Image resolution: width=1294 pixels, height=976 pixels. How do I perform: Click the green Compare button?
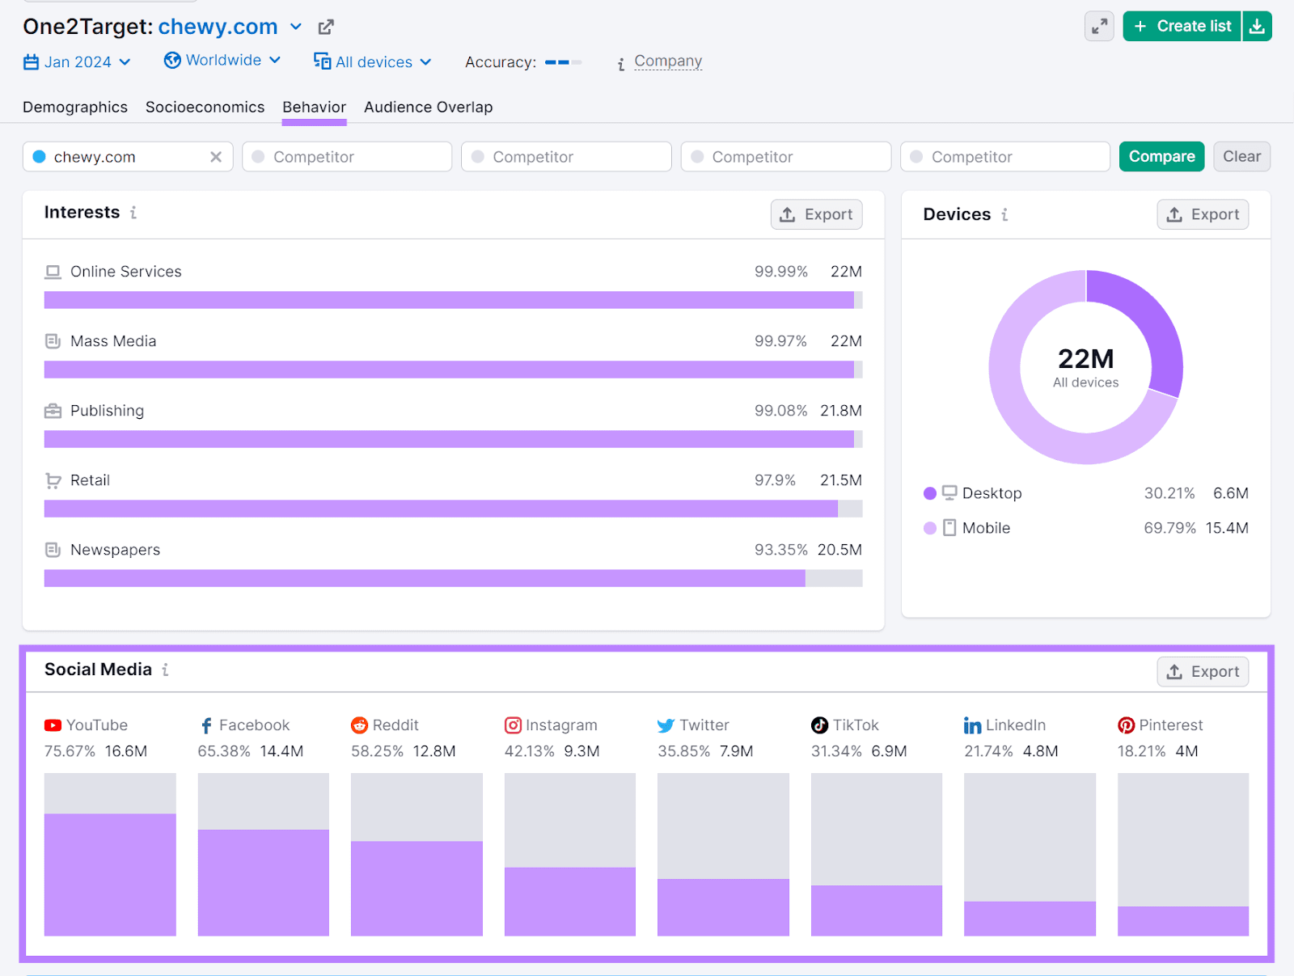click(x=1161, y=157)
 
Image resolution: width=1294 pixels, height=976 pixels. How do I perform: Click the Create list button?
click(x=1182, y=27)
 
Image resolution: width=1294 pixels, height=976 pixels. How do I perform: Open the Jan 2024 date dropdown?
click(x=78, y=62)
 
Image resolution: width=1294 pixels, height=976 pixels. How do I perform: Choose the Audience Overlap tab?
click(x=428, y=108)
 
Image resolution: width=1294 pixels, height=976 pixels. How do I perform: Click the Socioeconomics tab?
click(x=205, y=108)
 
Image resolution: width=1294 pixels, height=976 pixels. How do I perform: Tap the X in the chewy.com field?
click(x=216, y=157)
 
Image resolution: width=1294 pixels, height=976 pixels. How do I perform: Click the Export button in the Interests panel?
click(x=816, y=215)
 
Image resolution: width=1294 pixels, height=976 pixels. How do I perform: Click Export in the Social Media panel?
click(x=1203, y=672)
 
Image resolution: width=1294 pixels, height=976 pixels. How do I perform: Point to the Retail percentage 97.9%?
click(x=775, y=480)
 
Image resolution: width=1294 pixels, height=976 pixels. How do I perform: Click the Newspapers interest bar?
click(x=425, y=578)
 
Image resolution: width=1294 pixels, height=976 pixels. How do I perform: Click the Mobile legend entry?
click(x=985, y=528)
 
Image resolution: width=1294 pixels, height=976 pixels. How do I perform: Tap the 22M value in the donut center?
click(x=1085, y=359)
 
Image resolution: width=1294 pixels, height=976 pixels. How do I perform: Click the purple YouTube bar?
click(x=110, y=875)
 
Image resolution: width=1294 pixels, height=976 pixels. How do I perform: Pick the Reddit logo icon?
click(x=359, y=725)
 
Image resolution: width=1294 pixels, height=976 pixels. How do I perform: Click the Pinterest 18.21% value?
click(x=1141, y=751)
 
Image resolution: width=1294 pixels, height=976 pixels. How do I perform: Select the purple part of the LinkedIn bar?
click(x=1030, y=919)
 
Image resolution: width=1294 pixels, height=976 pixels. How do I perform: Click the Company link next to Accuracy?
click(x=668, y=61)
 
